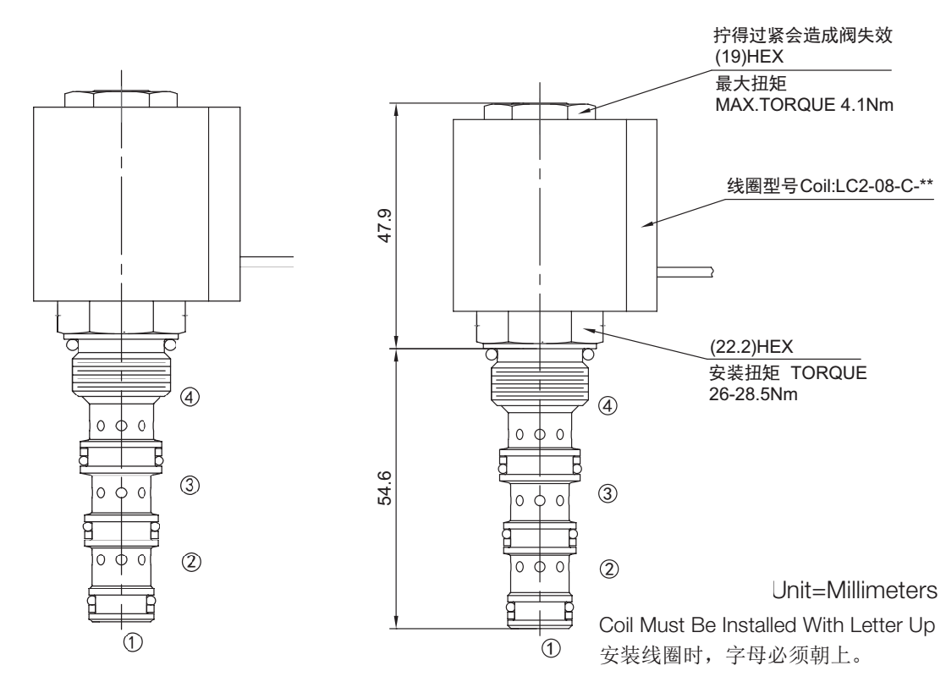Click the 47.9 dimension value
click(385, 226)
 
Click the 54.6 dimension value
click(385, 488)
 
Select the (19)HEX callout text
click(750, 57)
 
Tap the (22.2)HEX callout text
click(751, 346)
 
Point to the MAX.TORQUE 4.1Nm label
click(804, 104)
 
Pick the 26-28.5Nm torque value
click(753, 394)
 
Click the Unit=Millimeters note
click(855, 590)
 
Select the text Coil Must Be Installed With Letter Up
click(767, 624)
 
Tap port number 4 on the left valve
click(190, 397)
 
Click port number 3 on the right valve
click(608, 493)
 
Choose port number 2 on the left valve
click(191, 562)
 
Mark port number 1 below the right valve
click(550, 649)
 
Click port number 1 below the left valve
click(133, 642)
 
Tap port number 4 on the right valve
click(608, 405)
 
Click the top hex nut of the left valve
click(121, 99)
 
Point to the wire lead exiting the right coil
click(685, 272)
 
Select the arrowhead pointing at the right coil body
click(647, 224)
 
